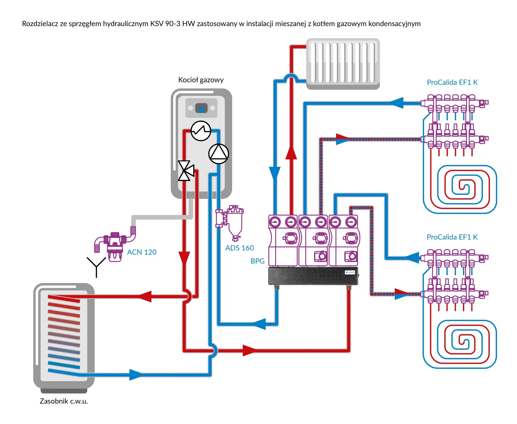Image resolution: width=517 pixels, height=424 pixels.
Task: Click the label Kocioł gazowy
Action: pyautogui.click(x=201, y=80)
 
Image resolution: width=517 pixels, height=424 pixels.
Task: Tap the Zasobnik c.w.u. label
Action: pyautogui.click(x=64, y=401)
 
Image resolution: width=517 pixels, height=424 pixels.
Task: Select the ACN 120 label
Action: pyautogui.click(x=142, y=252)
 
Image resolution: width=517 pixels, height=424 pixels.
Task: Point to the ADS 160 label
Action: pyautogui.click(x=239, y=248)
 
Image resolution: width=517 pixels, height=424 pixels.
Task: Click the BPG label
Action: pyautogui.click(x=257, y=261)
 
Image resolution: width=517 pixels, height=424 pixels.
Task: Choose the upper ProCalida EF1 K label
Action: pyautogui.click(x=452, y=82)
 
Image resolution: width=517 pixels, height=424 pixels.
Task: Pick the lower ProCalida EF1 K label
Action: pyautogui.click(x=452, y=237)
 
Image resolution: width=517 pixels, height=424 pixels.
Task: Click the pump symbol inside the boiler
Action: pyautogui.click(x=219, y=154)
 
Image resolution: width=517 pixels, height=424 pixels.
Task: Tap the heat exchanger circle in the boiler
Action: pyautogui.click(x=201, y=131)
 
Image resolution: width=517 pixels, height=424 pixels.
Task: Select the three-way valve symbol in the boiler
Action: pyautogui.click(x=186, y=171)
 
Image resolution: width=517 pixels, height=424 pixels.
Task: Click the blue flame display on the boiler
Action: pyautogui.click(x=201, y=108)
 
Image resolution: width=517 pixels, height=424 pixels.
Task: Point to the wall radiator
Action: pyautogui.click(x=343, y=63)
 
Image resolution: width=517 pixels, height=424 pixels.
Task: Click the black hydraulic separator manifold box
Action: pyautogui.click(x=313, y=276)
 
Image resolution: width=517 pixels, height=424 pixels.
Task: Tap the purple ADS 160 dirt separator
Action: pyautogui.click(x=231, y=222)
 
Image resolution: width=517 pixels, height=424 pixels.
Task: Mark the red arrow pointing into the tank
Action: pyautogui.click(x=145, y=297)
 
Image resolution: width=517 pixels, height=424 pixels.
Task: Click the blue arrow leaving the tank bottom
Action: pyautogui.click(x=136, y=374)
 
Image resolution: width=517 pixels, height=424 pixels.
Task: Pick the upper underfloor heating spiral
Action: pyautogui.click(x=460, y=189)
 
